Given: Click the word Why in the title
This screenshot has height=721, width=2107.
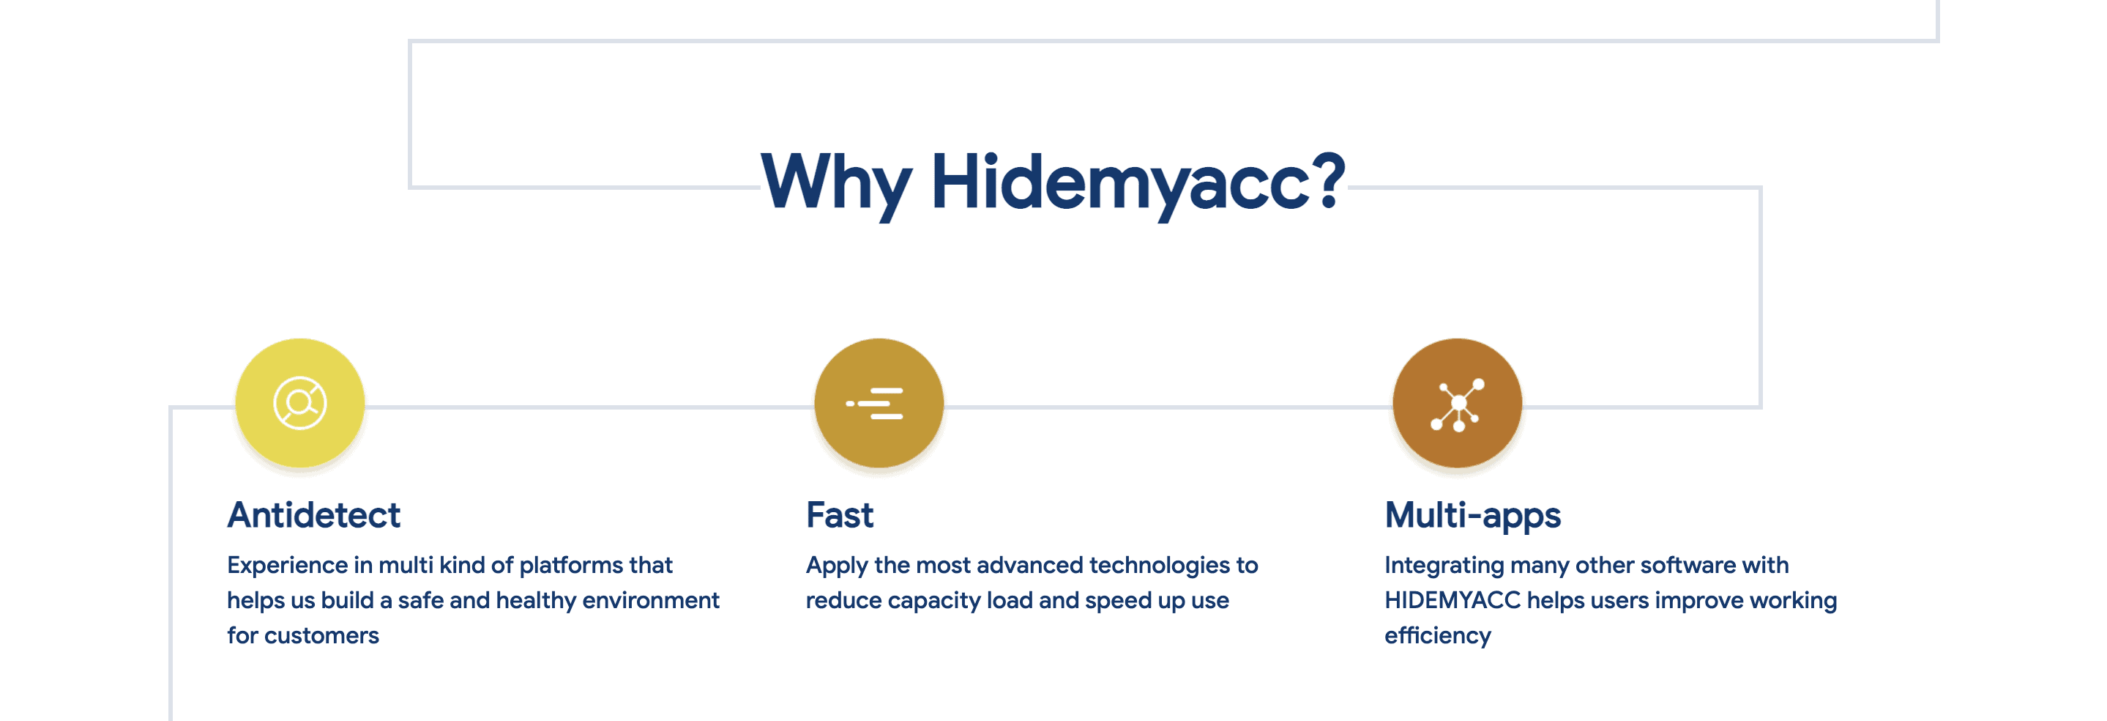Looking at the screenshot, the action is pos(836,184).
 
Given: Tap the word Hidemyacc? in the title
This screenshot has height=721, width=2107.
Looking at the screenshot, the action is pos(1138,184).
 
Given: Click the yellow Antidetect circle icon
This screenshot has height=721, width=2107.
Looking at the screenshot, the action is pos(300,403).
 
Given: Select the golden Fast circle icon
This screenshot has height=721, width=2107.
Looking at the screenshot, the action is pos(879,403).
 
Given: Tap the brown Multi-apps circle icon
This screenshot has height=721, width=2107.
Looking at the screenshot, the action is pos(1458,403).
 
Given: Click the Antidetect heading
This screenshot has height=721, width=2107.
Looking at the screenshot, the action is pos(314,515).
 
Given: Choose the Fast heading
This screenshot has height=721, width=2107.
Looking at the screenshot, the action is pos(840,515).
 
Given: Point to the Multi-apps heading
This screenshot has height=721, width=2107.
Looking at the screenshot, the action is pos(1472,516).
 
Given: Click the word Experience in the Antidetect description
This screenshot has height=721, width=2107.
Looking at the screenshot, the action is pos(288,566).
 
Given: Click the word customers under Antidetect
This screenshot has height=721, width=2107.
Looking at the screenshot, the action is pos(321,636).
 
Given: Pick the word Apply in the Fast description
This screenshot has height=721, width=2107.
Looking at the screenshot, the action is pos(837,566).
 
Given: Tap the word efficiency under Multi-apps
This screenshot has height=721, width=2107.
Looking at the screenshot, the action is pos(1438,636).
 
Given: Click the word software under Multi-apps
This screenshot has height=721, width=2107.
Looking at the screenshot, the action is pos(1688,566).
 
